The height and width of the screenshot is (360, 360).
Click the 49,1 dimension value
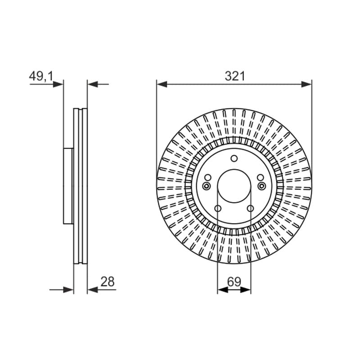coord(41,76)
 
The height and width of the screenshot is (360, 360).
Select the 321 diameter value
coord(234,76)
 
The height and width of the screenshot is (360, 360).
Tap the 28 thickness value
coord(107,282)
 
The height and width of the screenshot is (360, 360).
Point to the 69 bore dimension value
coord(234,282)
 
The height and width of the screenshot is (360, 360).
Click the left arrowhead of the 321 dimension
coord(162,84)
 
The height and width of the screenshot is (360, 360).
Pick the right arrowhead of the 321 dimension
coord(306,84)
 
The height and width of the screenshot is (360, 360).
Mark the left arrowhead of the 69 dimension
coord(223,290)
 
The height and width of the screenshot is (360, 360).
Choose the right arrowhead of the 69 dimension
coord(245,290)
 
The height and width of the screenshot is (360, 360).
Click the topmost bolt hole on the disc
coord(234,158)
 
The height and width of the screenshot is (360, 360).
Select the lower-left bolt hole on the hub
coord(218,208)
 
